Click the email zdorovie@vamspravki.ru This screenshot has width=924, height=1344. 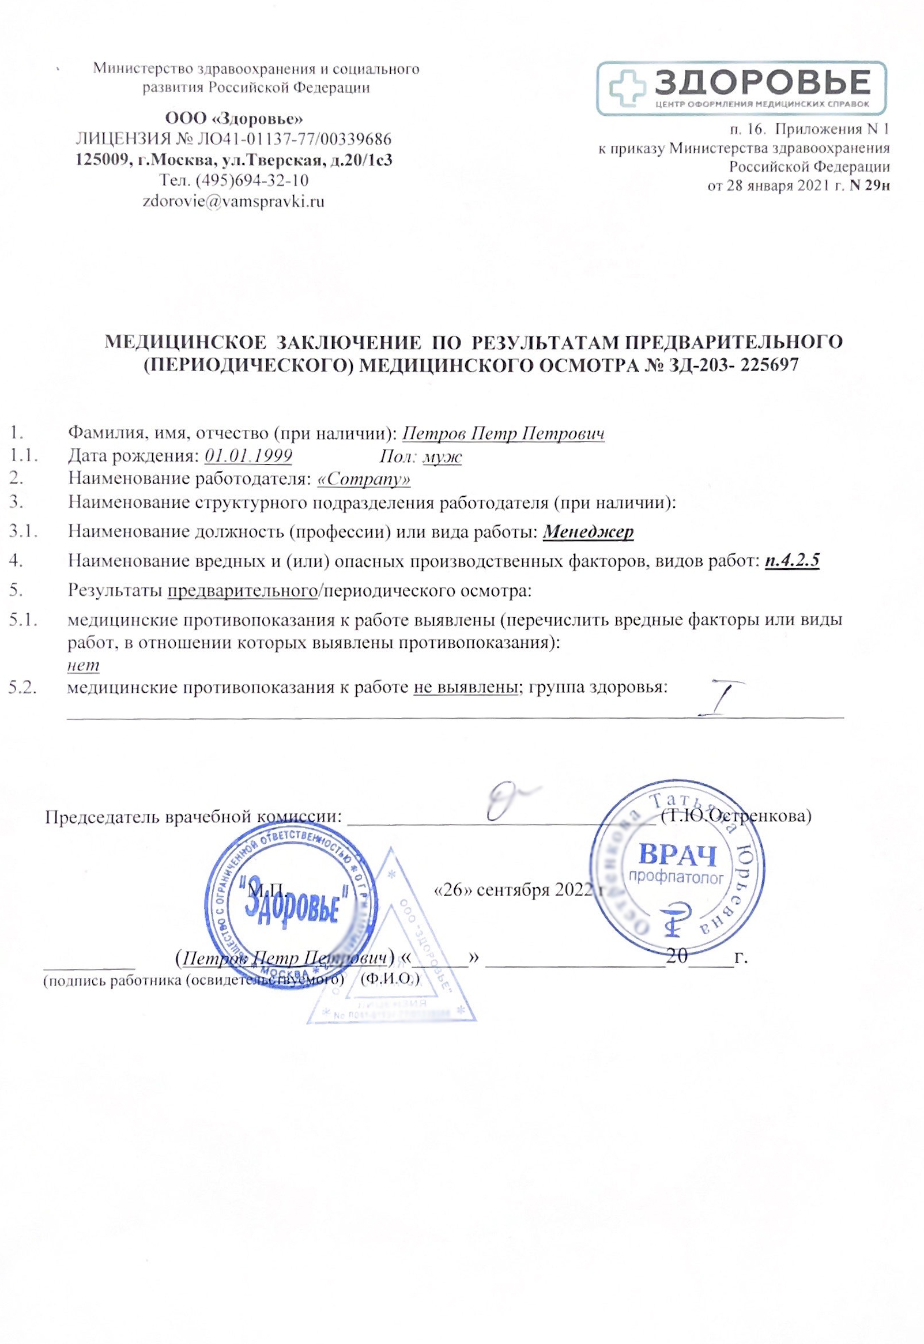[233, 201]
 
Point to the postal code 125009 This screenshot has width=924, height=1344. [102, 160]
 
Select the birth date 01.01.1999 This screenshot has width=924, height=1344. [248, 456]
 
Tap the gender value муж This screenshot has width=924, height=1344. [442, 456]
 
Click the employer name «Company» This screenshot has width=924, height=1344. [365, 480]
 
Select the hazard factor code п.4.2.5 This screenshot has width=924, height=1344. [792, 561]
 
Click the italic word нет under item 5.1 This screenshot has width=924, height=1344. [84, 666]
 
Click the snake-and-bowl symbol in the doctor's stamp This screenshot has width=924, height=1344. [675, 923]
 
